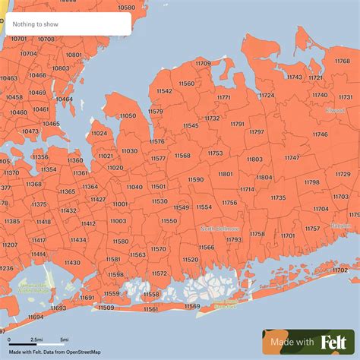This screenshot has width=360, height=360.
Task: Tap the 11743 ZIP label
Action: pyautogui.click(x=295, y=77)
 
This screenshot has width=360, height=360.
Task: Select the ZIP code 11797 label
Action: pyautogui.click(x=256, y=131)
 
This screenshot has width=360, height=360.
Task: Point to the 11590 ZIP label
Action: pyautogui.click(x=196, y=179)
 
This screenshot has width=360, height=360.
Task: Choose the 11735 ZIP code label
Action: pyautogui.click(x=278, y=197)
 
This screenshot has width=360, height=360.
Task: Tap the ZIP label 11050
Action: pyautogui.click(x=128, y=115)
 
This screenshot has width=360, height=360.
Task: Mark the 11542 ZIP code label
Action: pyautogui.click(x=164, y=90)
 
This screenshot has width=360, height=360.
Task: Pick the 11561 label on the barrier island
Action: pyautogui.click(x=151, y=309)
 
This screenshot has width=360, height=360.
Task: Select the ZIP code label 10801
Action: pyautogui.click(x=74, y=55)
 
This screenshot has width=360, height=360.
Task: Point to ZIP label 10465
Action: pyautogui.click(x=51, y=123)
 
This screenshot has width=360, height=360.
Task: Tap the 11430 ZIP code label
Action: pyautogui.click(x=72, y=262)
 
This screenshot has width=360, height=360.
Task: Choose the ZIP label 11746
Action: pyautogui.click(x=320, y=134)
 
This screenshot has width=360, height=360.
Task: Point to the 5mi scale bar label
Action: pyautogui.click(x=64, y=339)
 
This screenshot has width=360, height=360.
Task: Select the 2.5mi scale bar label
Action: pyautogui.click(x=36, y=339)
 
